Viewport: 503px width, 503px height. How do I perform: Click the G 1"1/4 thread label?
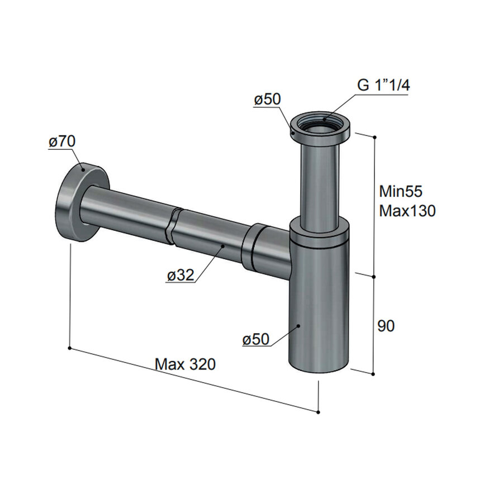383,86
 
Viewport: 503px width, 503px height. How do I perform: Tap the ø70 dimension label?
62,141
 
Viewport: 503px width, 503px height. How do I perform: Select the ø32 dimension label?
181,274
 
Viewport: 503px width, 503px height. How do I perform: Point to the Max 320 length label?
185,364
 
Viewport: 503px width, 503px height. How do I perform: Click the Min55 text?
401,192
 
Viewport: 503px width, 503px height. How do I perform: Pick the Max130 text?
407,211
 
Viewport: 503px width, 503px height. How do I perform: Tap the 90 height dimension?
386,326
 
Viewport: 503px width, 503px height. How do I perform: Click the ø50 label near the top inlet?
267,99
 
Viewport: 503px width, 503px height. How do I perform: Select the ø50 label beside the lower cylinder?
255,339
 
